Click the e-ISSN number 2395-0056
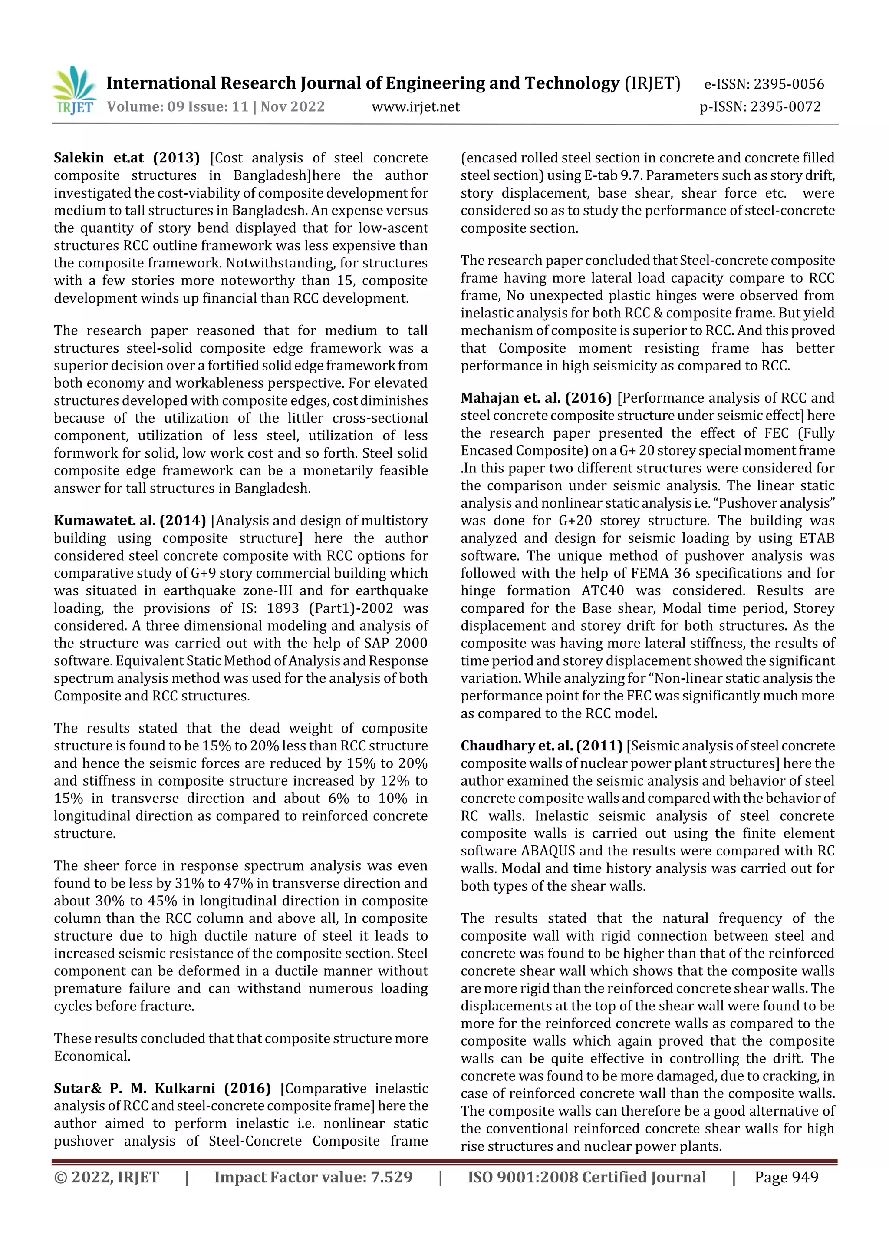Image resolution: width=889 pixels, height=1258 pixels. [x=788, y=84]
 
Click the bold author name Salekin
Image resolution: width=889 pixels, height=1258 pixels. [x=79, y=158]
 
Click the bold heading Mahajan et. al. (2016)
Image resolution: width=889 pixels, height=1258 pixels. [x=536, y=398]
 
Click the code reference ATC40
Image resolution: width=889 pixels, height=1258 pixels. [x=603, y=591]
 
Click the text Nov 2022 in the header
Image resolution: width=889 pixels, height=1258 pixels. [x=293, y=106]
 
